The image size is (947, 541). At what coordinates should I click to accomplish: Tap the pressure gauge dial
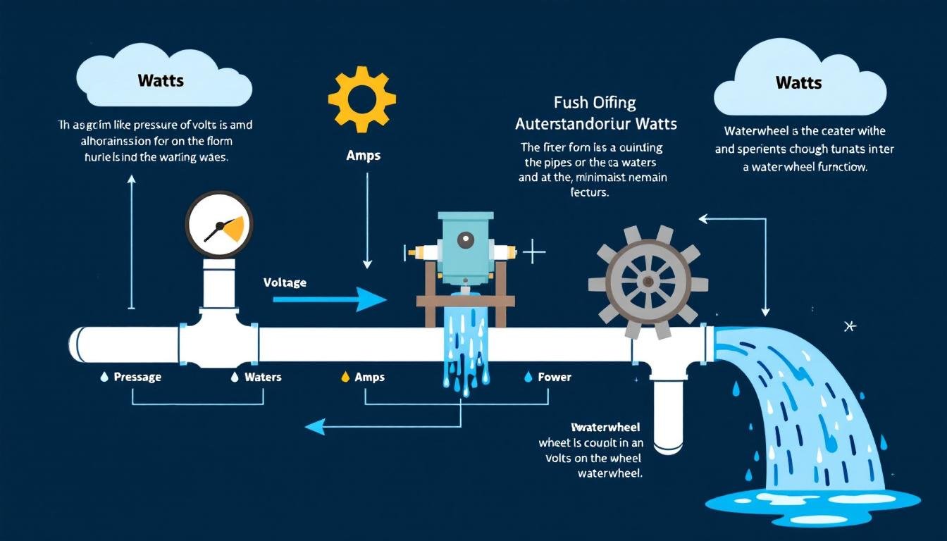(219, 225)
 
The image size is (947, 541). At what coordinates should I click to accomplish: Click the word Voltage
(285, 282)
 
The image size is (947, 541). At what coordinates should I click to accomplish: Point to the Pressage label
(137, 377)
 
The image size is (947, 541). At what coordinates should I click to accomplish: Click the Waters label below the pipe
(263, 377)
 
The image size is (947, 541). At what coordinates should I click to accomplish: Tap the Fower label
(554, 377)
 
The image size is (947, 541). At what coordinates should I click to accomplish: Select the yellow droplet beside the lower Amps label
(345, 377)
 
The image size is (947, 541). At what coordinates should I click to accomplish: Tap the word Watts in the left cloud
(161, 80)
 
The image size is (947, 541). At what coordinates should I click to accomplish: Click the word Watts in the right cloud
(798, 82)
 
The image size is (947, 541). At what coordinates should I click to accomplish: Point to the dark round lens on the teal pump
(465, 240)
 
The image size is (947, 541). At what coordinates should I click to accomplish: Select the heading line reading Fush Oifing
(595, 103)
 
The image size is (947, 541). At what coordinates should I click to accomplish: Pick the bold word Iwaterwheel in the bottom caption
(607, 428)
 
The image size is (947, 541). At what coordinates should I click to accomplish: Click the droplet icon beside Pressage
(104, 378)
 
